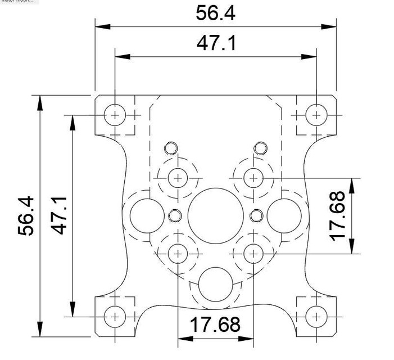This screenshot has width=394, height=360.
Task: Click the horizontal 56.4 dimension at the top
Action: click(x=215, y=13)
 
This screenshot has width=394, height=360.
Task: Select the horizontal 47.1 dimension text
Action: click(x=215, y=43)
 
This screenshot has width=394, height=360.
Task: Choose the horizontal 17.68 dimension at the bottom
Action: click(x=215, y=325)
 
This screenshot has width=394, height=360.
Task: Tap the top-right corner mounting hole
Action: click(x=316, y=115)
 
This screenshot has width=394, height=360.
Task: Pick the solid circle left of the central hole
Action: click(x=146, y=214)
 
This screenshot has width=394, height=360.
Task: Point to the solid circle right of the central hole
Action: click(x=284, y=214)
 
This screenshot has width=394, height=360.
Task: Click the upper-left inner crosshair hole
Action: click(x=178, y=178)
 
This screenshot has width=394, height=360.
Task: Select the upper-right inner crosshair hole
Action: click(x=253, y=178)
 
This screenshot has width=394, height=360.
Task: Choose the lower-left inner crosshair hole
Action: click(x=178, y=253)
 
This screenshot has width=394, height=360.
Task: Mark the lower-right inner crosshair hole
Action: click(x=253, y=253)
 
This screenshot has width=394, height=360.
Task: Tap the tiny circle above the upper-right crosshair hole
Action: click(x=260, y=148)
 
